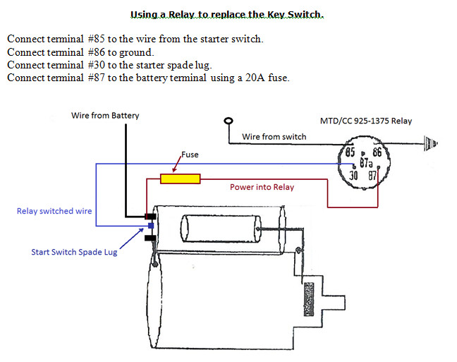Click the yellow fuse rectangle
tap(180, 179)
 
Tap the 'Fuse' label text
tap(190, 154)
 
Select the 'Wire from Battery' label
tap(105, 116)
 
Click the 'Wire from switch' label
tap(274, 136)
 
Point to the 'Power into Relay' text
tap(262, 188)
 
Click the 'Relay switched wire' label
tap(54, 211)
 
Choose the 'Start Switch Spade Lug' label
tap(74, 252)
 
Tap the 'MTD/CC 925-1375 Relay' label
tap(370, 121)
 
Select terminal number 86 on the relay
tap(377, 152)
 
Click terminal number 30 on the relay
tap(353, 175)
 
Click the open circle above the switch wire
tap(228, 121)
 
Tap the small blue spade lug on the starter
tap(150, 226)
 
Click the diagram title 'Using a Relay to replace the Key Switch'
tap(227, 14)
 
